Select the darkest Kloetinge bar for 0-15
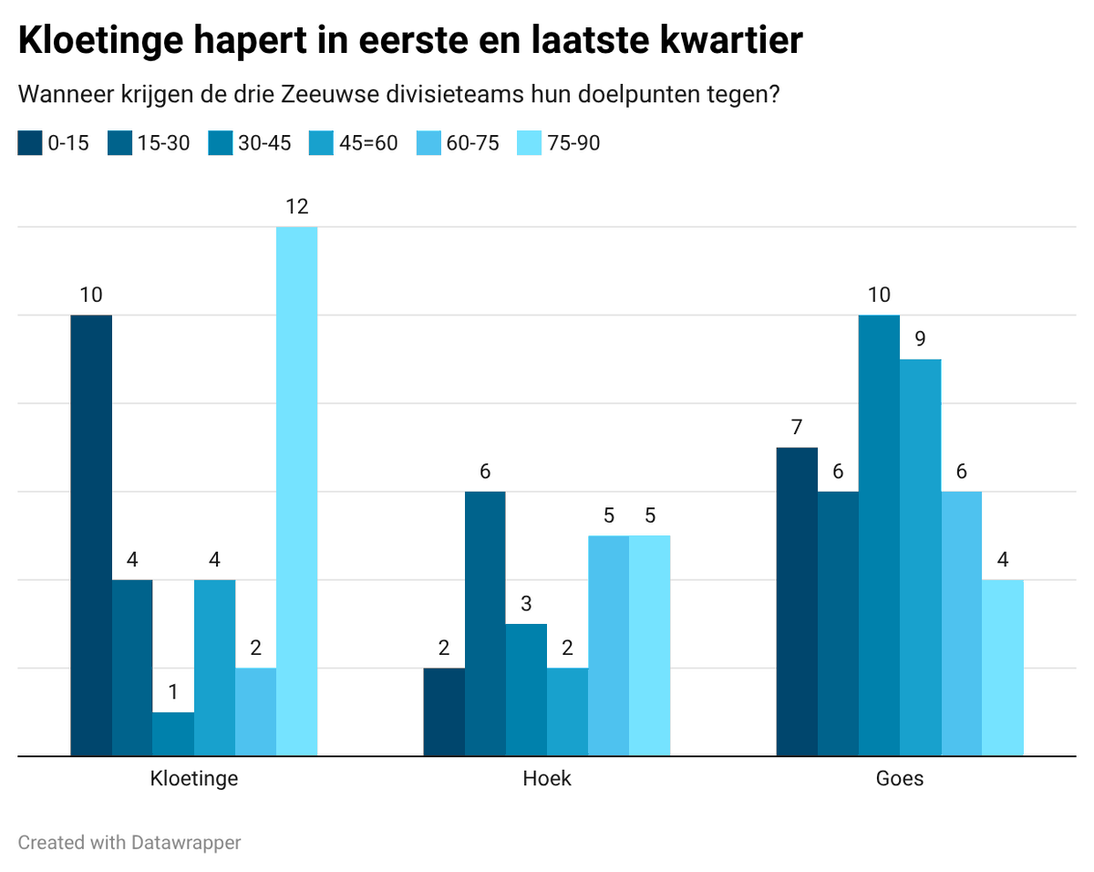pos(91,535)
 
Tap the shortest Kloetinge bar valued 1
pos(173,734)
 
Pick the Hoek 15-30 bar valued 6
pos(485,624)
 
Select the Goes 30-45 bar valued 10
pos(879,535)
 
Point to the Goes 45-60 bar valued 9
pos(920,557)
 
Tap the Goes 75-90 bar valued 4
pos(1003,668)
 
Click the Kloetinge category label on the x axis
pos(194,779)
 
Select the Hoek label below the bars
pos(547,779)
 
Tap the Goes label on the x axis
pos(899,779)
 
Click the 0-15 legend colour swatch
pos(30,143)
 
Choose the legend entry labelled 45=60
pos(355,143)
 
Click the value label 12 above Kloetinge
pos(296,207)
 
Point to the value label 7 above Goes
pos(796,427)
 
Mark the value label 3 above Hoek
pos(526,604)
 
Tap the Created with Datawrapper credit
pos(129,843)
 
